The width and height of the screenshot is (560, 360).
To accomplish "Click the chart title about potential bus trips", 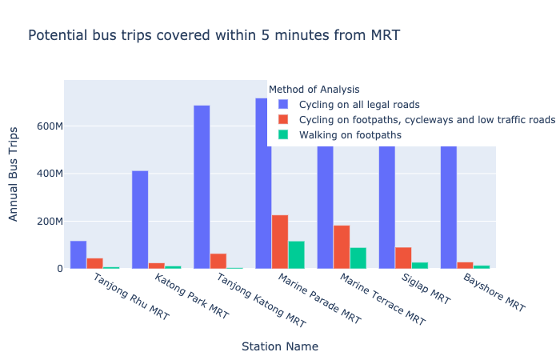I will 214,35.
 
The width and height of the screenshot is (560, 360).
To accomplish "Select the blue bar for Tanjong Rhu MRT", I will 78,254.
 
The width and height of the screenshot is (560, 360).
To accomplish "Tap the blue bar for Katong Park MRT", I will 140,219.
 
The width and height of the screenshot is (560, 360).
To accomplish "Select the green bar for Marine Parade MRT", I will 296,254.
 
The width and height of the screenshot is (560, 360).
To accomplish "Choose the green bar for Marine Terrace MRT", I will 358,258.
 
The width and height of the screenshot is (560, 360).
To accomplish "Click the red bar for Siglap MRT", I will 403,258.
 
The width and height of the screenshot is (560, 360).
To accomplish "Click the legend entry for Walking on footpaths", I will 350,135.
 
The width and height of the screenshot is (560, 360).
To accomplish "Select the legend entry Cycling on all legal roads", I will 358,105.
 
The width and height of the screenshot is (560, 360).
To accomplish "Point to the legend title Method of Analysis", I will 314,90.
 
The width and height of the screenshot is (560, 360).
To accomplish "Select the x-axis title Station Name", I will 279,346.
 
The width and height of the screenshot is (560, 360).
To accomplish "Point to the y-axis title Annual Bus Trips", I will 14,174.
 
